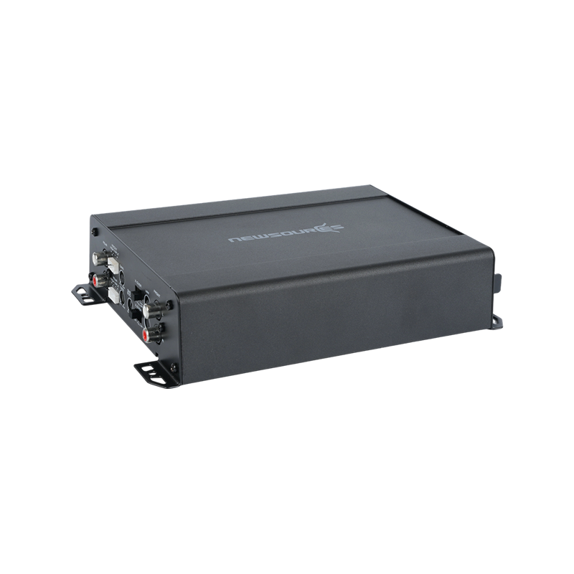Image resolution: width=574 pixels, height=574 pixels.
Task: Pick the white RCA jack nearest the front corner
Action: pyautogui.click(x=149, y=309)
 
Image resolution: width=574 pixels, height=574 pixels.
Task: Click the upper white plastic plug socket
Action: pyautogui.click(x=114, y=265)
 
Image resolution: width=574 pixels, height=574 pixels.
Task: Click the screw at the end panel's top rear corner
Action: pyautogui.click(x=95, y=232)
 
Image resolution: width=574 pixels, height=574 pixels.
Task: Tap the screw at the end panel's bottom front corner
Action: pyautogui.click(x=174, y=369)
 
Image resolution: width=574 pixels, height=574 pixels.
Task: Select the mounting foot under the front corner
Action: pyautogui.click(x=153, y=374)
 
